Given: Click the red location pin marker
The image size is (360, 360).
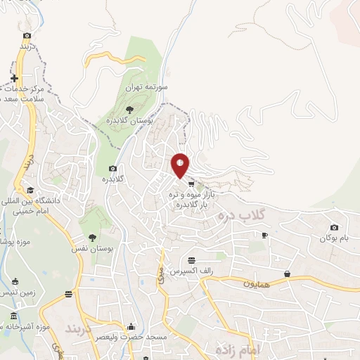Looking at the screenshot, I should [x=180, y=165].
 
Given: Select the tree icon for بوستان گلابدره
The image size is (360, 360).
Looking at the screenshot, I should [x=129, y=108].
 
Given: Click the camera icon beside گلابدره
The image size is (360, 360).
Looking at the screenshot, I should [x=113, y=168].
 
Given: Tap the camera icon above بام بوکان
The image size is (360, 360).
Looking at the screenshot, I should [x=334, y=227].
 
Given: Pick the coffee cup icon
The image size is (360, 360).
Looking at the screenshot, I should [x=264, y=236].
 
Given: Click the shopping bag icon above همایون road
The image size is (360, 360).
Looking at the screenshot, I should [x=287, y=274].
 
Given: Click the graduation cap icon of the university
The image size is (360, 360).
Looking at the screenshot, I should [x=30, y=190].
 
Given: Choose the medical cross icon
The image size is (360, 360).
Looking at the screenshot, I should [x=13, y=77].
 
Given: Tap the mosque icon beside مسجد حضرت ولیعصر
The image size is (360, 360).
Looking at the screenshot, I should [x=131, y=327].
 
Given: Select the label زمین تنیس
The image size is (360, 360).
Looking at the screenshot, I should [x=19, y=291].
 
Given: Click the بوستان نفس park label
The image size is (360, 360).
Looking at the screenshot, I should [x=91, y=249].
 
